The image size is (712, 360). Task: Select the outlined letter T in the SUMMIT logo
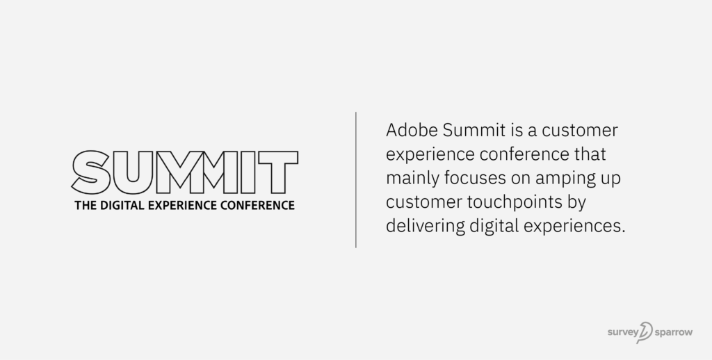277,172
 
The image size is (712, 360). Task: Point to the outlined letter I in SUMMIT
244,172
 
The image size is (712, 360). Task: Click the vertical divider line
356,179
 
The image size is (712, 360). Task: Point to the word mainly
407,179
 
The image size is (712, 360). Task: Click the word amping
556,179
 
